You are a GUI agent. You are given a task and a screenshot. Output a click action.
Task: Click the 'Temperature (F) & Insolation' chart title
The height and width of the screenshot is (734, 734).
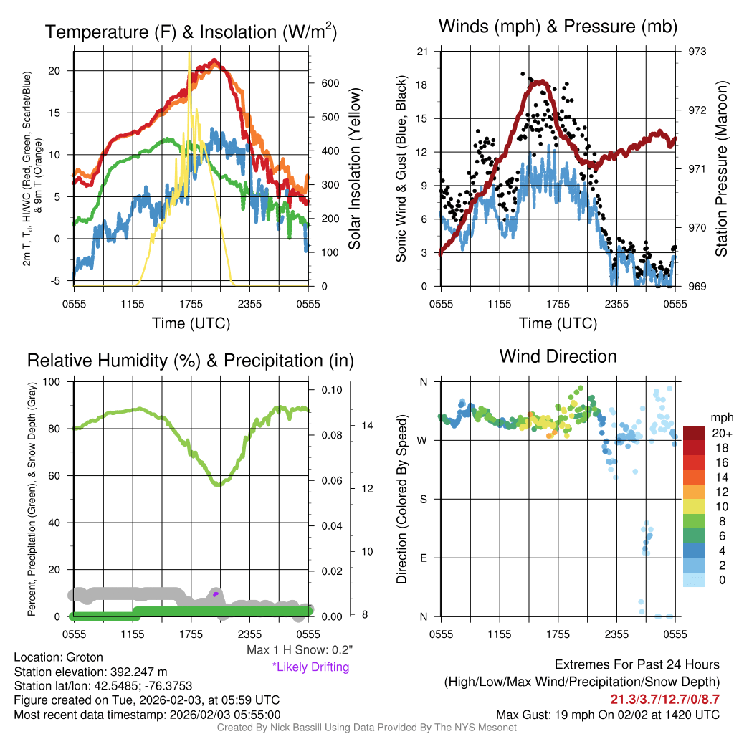pos(191,32)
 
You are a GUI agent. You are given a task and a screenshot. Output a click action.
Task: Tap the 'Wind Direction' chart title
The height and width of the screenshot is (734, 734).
pos(558,356)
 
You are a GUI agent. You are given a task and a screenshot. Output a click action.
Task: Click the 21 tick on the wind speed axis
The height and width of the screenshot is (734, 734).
pos(422,52)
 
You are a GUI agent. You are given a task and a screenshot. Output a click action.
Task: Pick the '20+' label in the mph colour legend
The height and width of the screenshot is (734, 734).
pos(721,433)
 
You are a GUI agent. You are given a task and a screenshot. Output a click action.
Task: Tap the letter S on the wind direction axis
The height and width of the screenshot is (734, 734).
pos(423,499)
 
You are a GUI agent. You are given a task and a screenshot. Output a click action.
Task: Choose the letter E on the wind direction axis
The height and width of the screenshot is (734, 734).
pos(423,558)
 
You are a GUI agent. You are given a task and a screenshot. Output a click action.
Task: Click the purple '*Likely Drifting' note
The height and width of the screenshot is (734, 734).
pos(310,667)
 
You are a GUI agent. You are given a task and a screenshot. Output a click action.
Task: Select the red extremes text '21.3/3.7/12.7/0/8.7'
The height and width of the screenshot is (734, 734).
pos(664,699)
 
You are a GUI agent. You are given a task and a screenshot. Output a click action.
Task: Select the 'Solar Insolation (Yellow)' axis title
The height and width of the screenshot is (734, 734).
pos(355,169)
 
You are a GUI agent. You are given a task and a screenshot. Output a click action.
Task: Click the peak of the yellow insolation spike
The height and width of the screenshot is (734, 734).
pos(189,52)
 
